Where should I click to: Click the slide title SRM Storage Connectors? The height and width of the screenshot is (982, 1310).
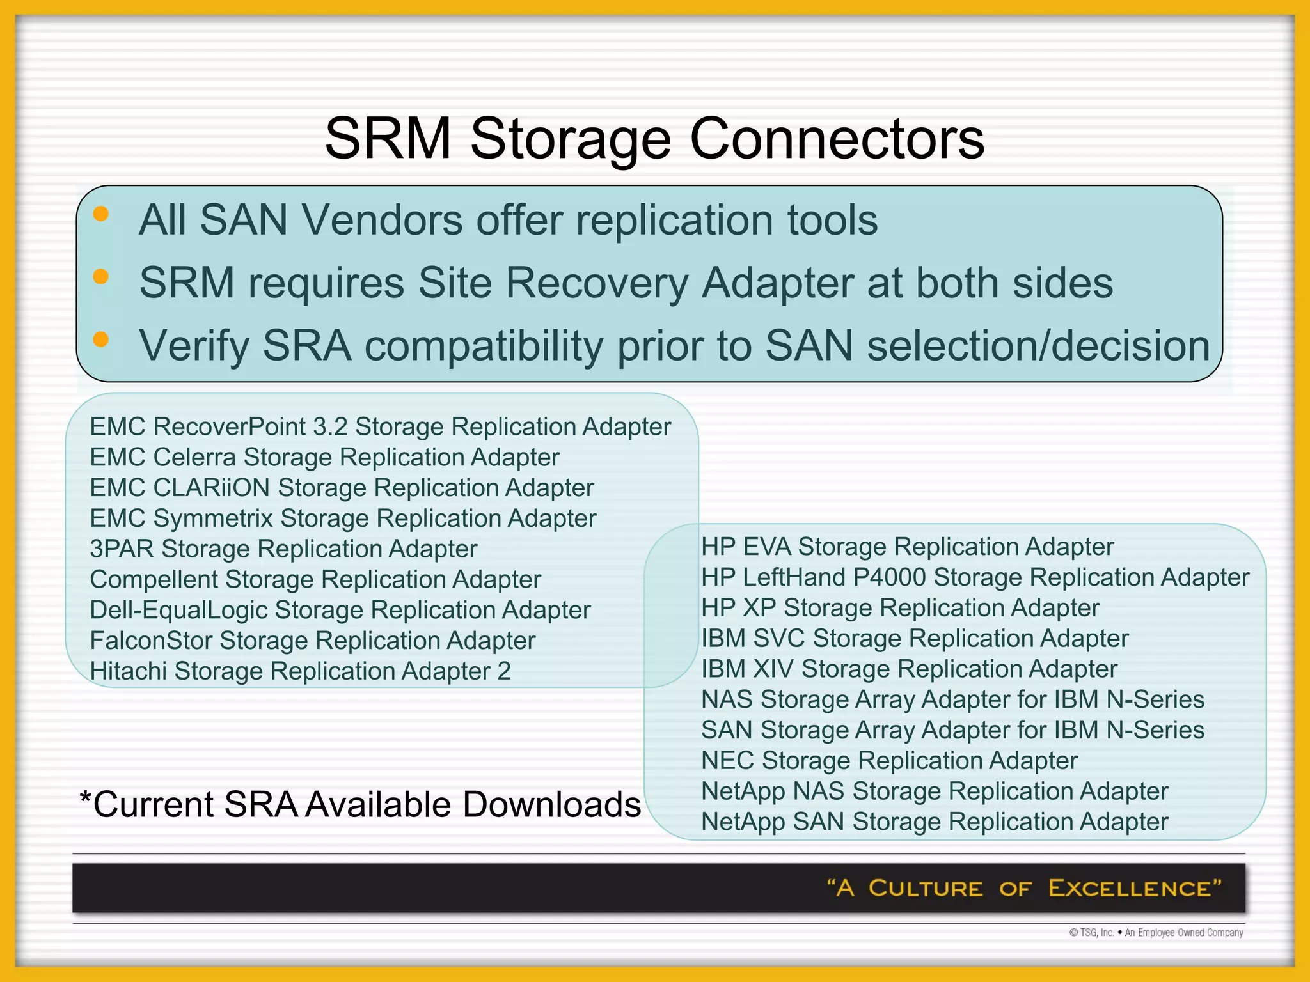pos(654,138)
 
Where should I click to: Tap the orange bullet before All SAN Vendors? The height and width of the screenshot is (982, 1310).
pos(100,214)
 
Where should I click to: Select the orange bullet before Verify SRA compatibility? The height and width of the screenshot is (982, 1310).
pos(100,339)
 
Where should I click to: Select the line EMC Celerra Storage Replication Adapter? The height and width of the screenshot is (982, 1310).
pos(324,457)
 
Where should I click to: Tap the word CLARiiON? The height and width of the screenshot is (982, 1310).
pos(211,488)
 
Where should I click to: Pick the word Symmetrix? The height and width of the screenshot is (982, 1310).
pos(213,518)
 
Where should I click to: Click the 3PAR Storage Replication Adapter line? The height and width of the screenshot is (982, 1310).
pos(283,549)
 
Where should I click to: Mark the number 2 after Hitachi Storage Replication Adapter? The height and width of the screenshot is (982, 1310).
pos(504,671)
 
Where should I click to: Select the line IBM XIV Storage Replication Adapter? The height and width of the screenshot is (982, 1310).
pos(909,669)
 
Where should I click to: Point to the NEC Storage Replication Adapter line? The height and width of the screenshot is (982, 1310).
pos(889,761)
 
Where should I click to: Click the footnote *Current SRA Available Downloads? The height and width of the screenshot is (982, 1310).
pos(359,804)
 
